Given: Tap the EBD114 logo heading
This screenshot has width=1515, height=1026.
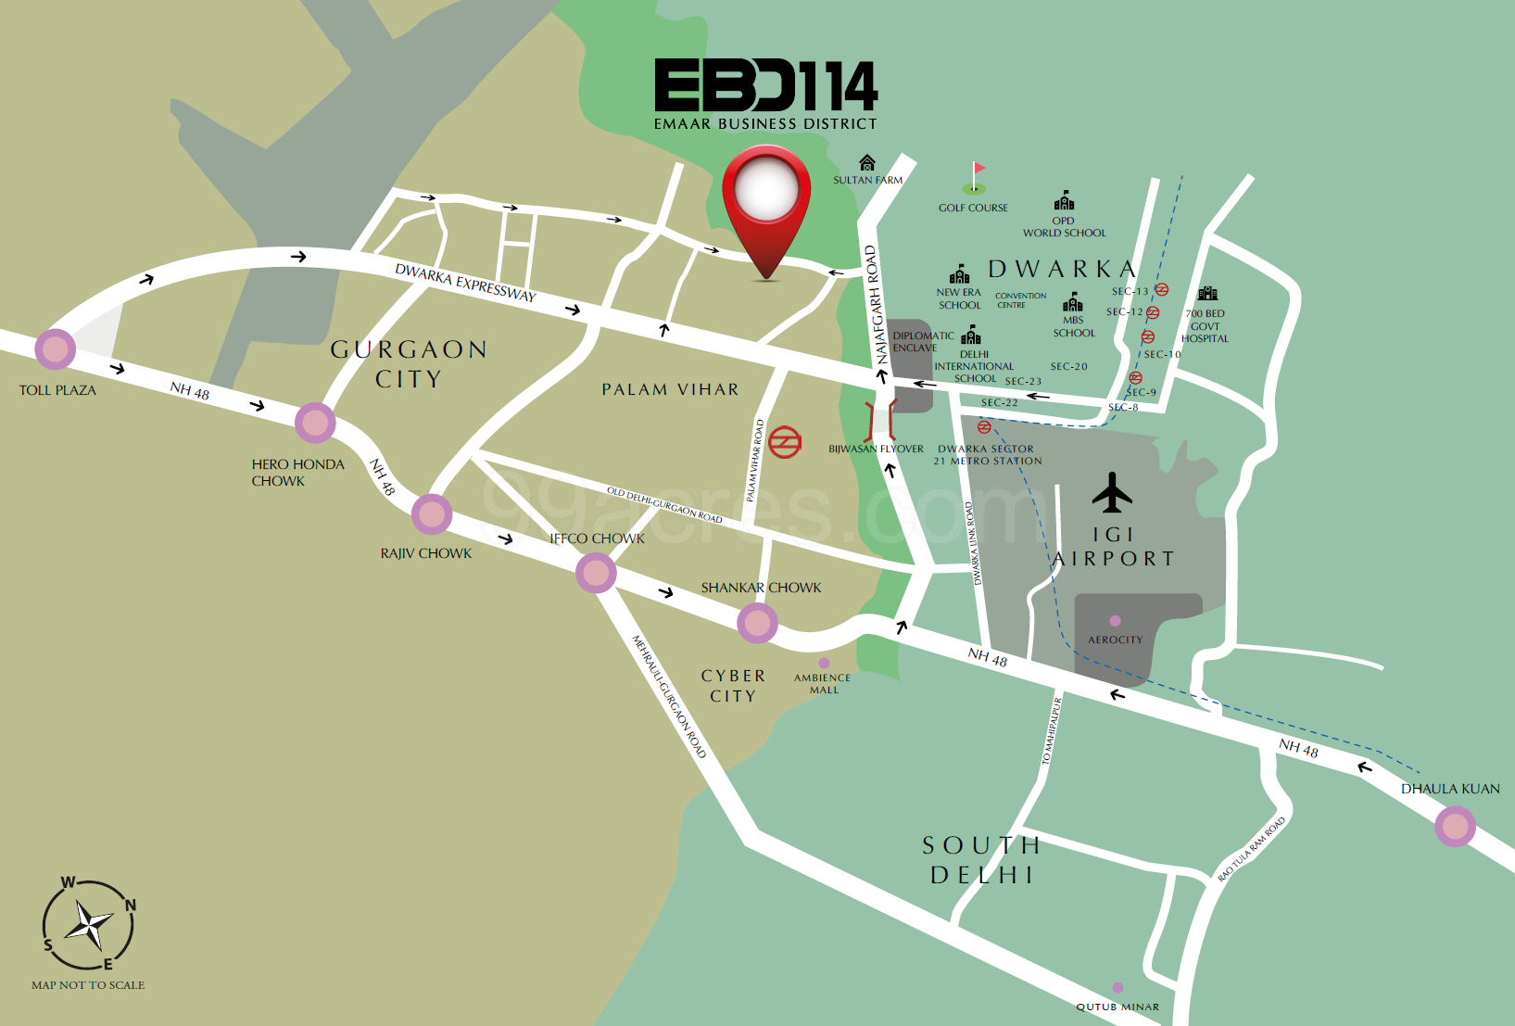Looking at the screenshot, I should point(765,86).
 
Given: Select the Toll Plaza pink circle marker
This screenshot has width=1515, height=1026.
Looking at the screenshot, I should point(55,349).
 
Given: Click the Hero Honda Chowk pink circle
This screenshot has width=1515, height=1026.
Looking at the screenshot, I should point(315,423).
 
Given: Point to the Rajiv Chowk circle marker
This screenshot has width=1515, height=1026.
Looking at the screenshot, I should point(431,514).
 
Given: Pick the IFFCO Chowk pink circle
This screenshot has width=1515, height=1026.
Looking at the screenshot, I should point(596,573).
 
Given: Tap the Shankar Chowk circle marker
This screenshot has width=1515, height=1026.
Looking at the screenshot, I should point(757,624).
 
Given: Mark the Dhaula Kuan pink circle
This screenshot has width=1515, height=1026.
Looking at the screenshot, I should point(1455,826).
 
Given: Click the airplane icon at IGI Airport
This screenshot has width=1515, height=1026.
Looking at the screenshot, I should point(1112,493).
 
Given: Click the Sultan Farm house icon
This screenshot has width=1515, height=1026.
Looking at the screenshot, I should point(866,163).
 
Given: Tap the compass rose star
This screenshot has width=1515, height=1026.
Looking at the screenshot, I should point(90,925).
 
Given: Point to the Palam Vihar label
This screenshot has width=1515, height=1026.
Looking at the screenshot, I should point(670,390).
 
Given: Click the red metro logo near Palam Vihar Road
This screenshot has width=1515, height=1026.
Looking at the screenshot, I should point(784,442).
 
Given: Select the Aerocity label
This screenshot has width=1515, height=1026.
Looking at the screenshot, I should point(1115,640).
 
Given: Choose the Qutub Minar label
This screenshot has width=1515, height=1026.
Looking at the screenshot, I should point(1117,1007).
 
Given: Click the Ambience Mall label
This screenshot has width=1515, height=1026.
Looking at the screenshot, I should point(822,683).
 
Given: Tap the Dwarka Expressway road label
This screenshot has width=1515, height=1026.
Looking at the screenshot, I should point(465,283).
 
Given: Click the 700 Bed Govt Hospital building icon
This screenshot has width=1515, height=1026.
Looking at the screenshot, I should point(1207,294).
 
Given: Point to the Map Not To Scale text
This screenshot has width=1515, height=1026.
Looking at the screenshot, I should point(88,985).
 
